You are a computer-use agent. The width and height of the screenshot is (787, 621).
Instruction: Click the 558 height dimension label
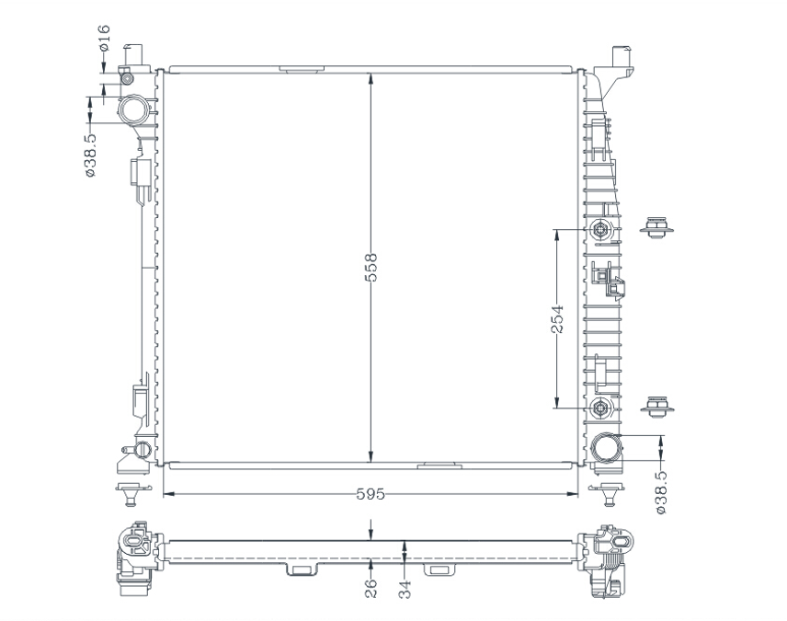pos(371,268)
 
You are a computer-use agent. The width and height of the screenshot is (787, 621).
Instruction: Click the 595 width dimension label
pos(371,494)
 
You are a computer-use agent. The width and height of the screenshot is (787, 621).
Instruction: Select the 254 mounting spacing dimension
pos(557,318)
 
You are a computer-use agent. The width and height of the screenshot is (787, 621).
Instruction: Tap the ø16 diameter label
pos(104,38)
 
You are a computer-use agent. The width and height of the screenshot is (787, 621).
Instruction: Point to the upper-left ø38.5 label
pos(90,155)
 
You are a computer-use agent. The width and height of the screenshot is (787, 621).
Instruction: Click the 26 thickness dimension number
pos(371,589)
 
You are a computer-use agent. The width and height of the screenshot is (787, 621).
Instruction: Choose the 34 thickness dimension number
pos(405,589)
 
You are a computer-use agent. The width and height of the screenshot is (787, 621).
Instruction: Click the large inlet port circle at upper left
pos(134,110)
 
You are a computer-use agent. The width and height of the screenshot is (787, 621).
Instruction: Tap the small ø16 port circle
pos(128,79)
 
